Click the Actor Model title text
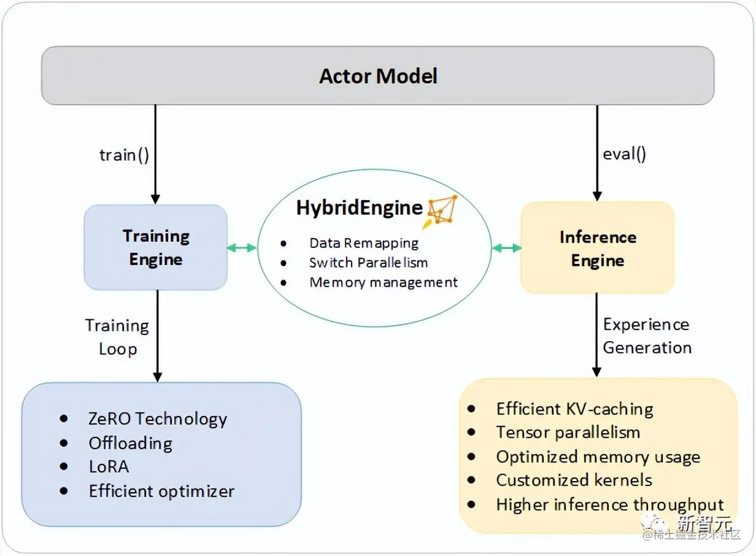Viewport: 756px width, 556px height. [x=378, y=76]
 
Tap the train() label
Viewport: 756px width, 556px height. [x=125, y=155]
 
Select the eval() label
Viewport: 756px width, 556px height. [x=624, y=153]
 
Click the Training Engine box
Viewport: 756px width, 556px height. [x=155, y=247]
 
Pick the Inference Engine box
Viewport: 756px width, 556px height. [x=597, y=248]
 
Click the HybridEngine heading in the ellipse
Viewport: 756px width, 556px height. [x=360, y=207]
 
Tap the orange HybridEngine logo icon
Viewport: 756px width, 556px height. [x=442, y=210]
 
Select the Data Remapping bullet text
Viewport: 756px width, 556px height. [x=364, y=243]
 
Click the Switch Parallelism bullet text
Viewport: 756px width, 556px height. [x=368, y=263]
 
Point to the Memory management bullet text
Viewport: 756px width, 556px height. [x=384, y=282]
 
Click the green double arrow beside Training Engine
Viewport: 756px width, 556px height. [x=242, y=248]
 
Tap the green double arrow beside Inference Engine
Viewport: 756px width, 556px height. [x=506, y=248]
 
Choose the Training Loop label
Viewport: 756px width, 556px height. [x=117, y=337]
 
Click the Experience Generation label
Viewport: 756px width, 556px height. [x=647, y=336]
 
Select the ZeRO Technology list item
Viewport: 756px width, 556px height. [x=158, y=419]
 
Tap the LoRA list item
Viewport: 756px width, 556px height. [x=109, y=466]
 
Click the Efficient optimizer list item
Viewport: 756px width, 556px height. [x=161, y=491]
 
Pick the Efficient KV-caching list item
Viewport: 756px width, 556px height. [x=574, y=409]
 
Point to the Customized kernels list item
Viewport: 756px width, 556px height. [x=574, y=480]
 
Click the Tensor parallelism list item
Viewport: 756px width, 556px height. [x=568, y=432]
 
